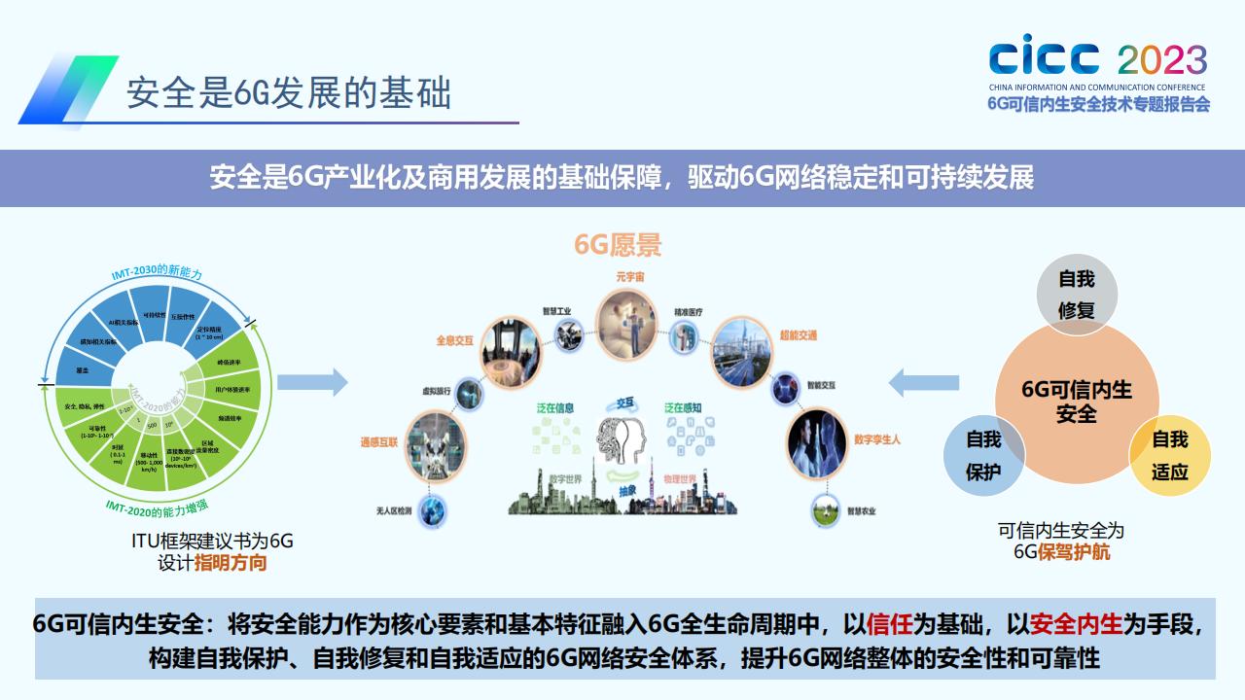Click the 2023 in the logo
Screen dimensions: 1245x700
pyautogui.click(x=1161, y=60)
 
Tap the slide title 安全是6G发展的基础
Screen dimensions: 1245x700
pyautogui.click(x=289, y=94)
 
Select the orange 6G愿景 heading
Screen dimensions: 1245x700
pyautogui.click(x=618, y=245)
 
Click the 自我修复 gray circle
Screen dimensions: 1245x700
pyautogui.click(x=1077, y=295)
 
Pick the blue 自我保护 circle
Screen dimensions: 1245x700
pyautogui.click(x=983, y=455)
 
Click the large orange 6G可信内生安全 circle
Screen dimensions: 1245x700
pyautogui.click(x=1077, y=402)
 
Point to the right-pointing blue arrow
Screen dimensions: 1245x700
pyautogui.click(x=312, y=382)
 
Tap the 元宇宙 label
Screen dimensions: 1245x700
pyautogui.click(x=629, y=277)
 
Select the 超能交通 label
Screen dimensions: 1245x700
pyautogui.click(x=798, y=335)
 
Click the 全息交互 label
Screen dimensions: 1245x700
pyautogui.click(x=454, y=341)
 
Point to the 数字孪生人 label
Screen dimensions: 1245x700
pyautogui.click(x=877, y=439)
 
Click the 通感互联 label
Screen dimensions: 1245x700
pyautogui.click(x=379, y=441)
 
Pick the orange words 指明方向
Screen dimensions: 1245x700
pyautogui.click(x=231, y=563)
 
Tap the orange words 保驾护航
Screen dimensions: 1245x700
pyautogui.click(x=1075, y=552)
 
